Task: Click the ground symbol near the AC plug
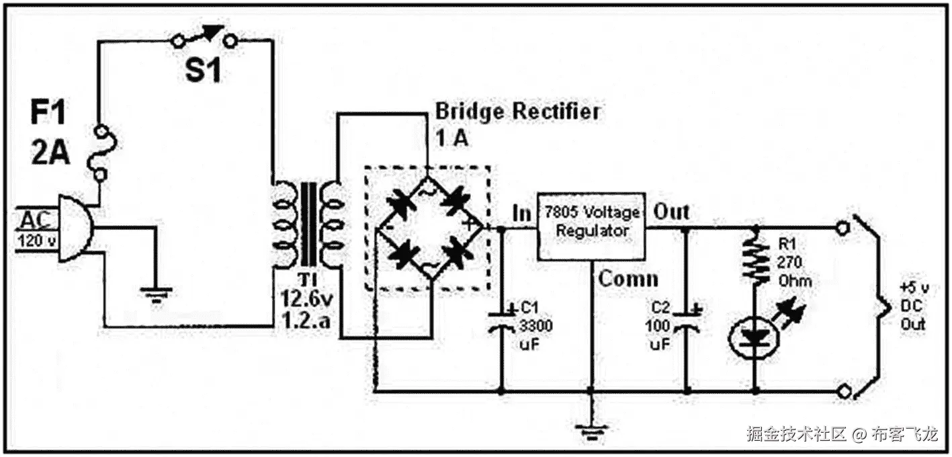pos(156,293)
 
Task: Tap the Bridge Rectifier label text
pos(517,111)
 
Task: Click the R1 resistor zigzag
pos(756,259)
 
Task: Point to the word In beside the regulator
pos(521,214)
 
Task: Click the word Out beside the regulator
pos(672,212)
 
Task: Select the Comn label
pos(628,279)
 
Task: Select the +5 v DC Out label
pos(914,306)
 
